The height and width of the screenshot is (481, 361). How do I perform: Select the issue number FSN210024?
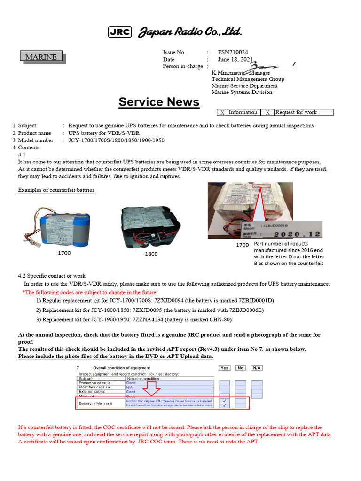click(x=233, y=53)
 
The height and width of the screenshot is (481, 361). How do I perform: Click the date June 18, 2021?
click(x=235, y=60)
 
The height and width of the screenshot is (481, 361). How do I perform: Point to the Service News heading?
click(x=159, y=102)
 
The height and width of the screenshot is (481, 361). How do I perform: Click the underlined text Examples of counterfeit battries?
click(x=56, y=190)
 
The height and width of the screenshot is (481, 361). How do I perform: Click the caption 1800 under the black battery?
click(x=151, y=254)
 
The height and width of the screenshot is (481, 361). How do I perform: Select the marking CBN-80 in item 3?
click(x=220, y=320)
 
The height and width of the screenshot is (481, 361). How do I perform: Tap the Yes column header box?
click(x=225, y=368)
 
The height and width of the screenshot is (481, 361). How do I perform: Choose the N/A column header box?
click(x=256, y=368)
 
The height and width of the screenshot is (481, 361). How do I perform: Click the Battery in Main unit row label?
click(x=95, y=403)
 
